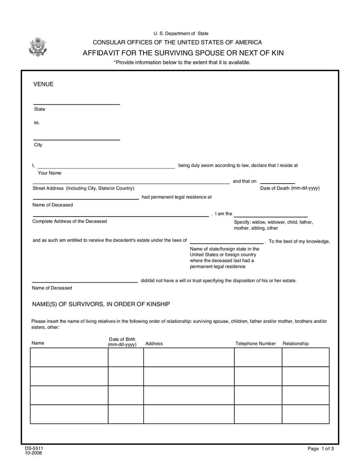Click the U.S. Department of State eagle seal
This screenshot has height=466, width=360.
tap(37, 47)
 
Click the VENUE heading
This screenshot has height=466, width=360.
tap(44, 84)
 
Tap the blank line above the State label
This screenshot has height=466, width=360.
tap(76, 104)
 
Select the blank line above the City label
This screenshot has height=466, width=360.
tap(76, 140)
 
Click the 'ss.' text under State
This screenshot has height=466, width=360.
tap(37, 122)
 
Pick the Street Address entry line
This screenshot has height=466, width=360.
tap(131, 184)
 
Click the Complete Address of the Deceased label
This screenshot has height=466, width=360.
tap(70, 221)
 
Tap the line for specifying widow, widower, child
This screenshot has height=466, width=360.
tap(270, 217)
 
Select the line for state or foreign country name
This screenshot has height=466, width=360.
tap(227, 243)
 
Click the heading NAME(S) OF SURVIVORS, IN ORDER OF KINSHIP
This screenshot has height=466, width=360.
tap(101, 304)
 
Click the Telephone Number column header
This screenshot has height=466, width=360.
tap(256, 344)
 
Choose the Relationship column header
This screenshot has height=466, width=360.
tap(296, 344)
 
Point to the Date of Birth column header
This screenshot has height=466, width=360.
tap(122, 342)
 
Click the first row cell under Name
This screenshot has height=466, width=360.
tap(69, 357)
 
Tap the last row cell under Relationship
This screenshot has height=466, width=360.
tap(305, 414)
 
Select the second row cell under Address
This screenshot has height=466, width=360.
tap(189, 376)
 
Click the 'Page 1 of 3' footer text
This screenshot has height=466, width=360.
tap(321, 449)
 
